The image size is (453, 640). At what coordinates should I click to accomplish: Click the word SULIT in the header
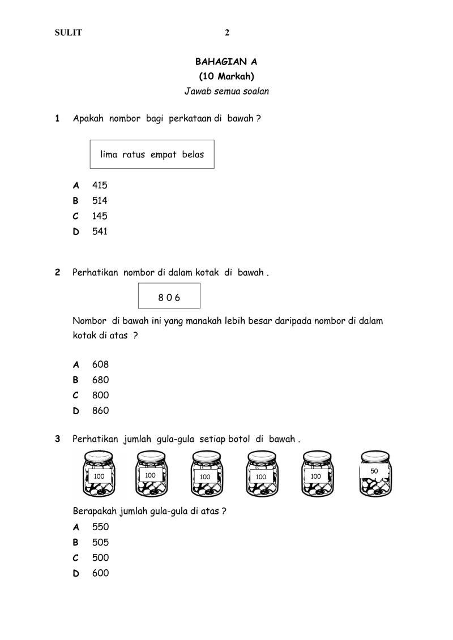point(68,33)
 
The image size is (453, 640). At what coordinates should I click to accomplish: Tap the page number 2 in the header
point(227,33)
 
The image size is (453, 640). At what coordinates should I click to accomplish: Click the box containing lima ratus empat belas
point(152,154)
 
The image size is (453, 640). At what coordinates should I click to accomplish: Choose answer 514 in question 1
point(100,200)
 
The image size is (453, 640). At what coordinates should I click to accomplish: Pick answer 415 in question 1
point(100,185)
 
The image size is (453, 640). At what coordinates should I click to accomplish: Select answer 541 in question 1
point(100,231)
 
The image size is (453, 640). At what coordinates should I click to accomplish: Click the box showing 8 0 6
point(169,296)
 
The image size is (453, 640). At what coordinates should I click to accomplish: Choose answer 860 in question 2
point(100,410)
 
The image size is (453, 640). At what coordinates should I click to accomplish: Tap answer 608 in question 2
point(100,364)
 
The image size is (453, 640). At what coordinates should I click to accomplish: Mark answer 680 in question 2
point(100,380)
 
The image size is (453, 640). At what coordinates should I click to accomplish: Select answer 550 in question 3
point(100,527)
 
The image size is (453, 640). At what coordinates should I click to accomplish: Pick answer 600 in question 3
point(100,573)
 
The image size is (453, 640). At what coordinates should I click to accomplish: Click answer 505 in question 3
point(100,542)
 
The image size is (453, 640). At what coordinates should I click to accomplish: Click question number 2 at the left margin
point(57,272)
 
